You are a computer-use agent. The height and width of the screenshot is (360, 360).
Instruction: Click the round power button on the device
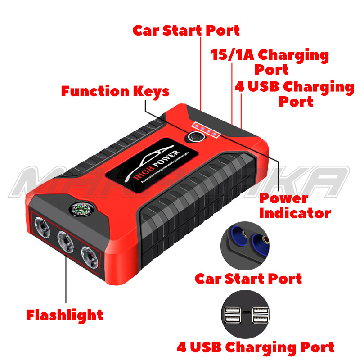coord(194,136)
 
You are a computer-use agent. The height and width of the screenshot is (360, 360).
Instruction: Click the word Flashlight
coord(64,315)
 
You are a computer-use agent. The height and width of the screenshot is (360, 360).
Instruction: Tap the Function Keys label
coord(115,91)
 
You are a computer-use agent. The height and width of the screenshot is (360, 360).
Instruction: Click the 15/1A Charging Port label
coord(270,62)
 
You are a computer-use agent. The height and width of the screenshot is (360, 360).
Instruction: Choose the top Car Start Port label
coord(186,30)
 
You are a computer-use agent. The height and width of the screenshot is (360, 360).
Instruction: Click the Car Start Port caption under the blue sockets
coord(248,278)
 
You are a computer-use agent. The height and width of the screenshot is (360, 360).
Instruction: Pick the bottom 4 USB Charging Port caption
coord(255,347)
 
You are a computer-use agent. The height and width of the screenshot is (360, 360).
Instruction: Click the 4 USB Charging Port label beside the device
coord(295,94)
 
